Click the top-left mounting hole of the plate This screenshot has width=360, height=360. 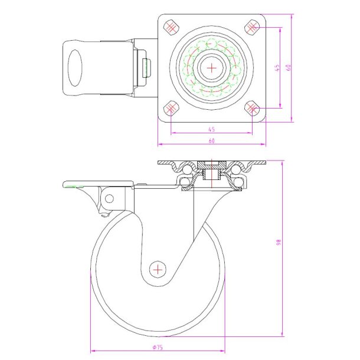171,27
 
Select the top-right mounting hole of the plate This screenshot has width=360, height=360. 252,27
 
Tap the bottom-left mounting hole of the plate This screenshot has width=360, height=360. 171,108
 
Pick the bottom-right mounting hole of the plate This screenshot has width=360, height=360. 252,108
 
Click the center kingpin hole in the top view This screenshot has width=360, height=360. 211,67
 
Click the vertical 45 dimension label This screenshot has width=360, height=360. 277,68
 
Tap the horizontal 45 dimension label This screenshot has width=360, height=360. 211,129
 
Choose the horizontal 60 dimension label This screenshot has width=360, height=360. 211,140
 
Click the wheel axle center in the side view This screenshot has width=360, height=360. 158,269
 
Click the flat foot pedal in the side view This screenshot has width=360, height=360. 97,184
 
